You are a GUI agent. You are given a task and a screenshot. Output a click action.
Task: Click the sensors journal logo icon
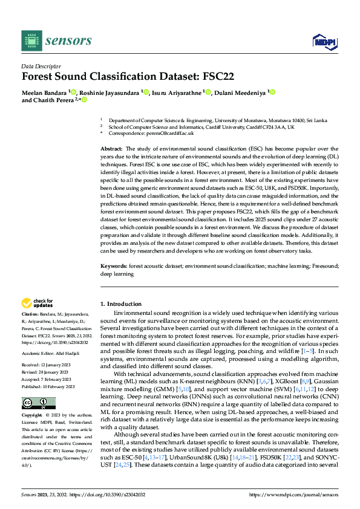click(x=31, y=41)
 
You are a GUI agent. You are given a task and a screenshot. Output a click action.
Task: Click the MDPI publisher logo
click(x=324, y=41)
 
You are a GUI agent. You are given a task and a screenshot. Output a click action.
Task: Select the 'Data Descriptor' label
click(x=41, y=66)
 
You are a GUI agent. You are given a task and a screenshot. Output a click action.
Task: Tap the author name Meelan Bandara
click(x=44, y=92)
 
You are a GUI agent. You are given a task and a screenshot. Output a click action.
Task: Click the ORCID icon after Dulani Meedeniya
click(x=272, y=92)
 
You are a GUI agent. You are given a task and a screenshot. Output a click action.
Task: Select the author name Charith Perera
click(x=55, y=100)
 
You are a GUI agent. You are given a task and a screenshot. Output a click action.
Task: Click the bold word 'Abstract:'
click(x=111, y=148)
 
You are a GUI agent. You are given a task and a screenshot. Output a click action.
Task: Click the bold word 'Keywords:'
click(x=113, y=265)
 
